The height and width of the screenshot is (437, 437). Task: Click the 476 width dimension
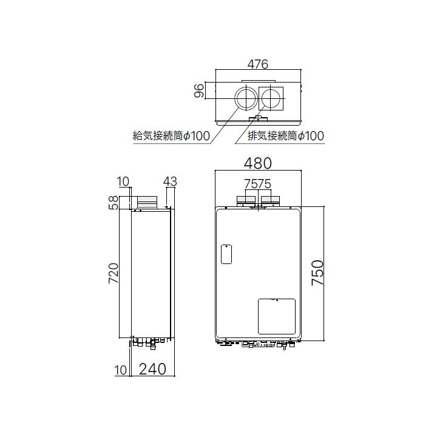257,64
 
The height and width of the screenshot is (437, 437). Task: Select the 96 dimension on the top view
198,92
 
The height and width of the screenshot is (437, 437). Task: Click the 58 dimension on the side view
113,203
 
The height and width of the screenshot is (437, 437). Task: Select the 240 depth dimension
152,368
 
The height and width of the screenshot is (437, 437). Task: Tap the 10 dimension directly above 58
123,181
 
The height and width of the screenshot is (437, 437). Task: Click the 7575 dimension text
257,183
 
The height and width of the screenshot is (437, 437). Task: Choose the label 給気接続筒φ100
171,136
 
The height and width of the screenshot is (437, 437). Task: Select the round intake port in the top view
246,98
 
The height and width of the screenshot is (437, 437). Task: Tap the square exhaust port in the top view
270,98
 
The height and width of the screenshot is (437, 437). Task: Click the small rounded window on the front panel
225,254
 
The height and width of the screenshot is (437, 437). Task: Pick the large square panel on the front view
276,316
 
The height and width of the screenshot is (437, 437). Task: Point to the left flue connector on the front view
246,198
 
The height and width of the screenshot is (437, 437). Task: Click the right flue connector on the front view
269,198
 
